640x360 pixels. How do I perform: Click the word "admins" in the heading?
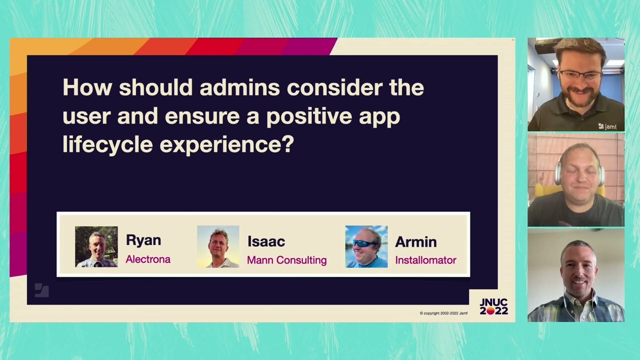tap(239, 88)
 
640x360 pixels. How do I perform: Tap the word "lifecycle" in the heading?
tap(107, 145)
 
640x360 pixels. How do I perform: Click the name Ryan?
tap(143, 240)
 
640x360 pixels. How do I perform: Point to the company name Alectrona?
tap(148, 259)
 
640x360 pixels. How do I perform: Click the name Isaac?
tap(266, 241)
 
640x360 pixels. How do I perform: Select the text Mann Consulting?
tap(286, 260)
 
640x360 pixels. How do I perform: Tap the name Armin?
tap(415, 242)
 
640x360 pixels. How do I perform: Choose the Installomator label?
tap(425, 260)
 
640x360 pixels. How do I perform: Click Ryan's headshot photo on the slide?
tap(96, 246)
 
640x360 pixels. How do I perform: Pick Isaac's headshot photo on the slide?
tap(218, 246)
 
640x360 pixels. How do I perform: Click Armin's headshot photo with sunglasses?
tap(366, 246)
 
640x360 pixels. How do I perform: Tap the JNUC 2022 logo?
tap(493, 306)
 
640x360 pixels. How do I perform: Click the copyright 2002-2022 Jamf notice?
tap(443, 313)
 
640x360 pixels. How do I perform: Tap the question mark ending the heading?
tap(287, 145)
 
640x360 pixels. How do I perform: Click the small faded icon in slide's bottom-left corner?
tap(41, 290)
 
